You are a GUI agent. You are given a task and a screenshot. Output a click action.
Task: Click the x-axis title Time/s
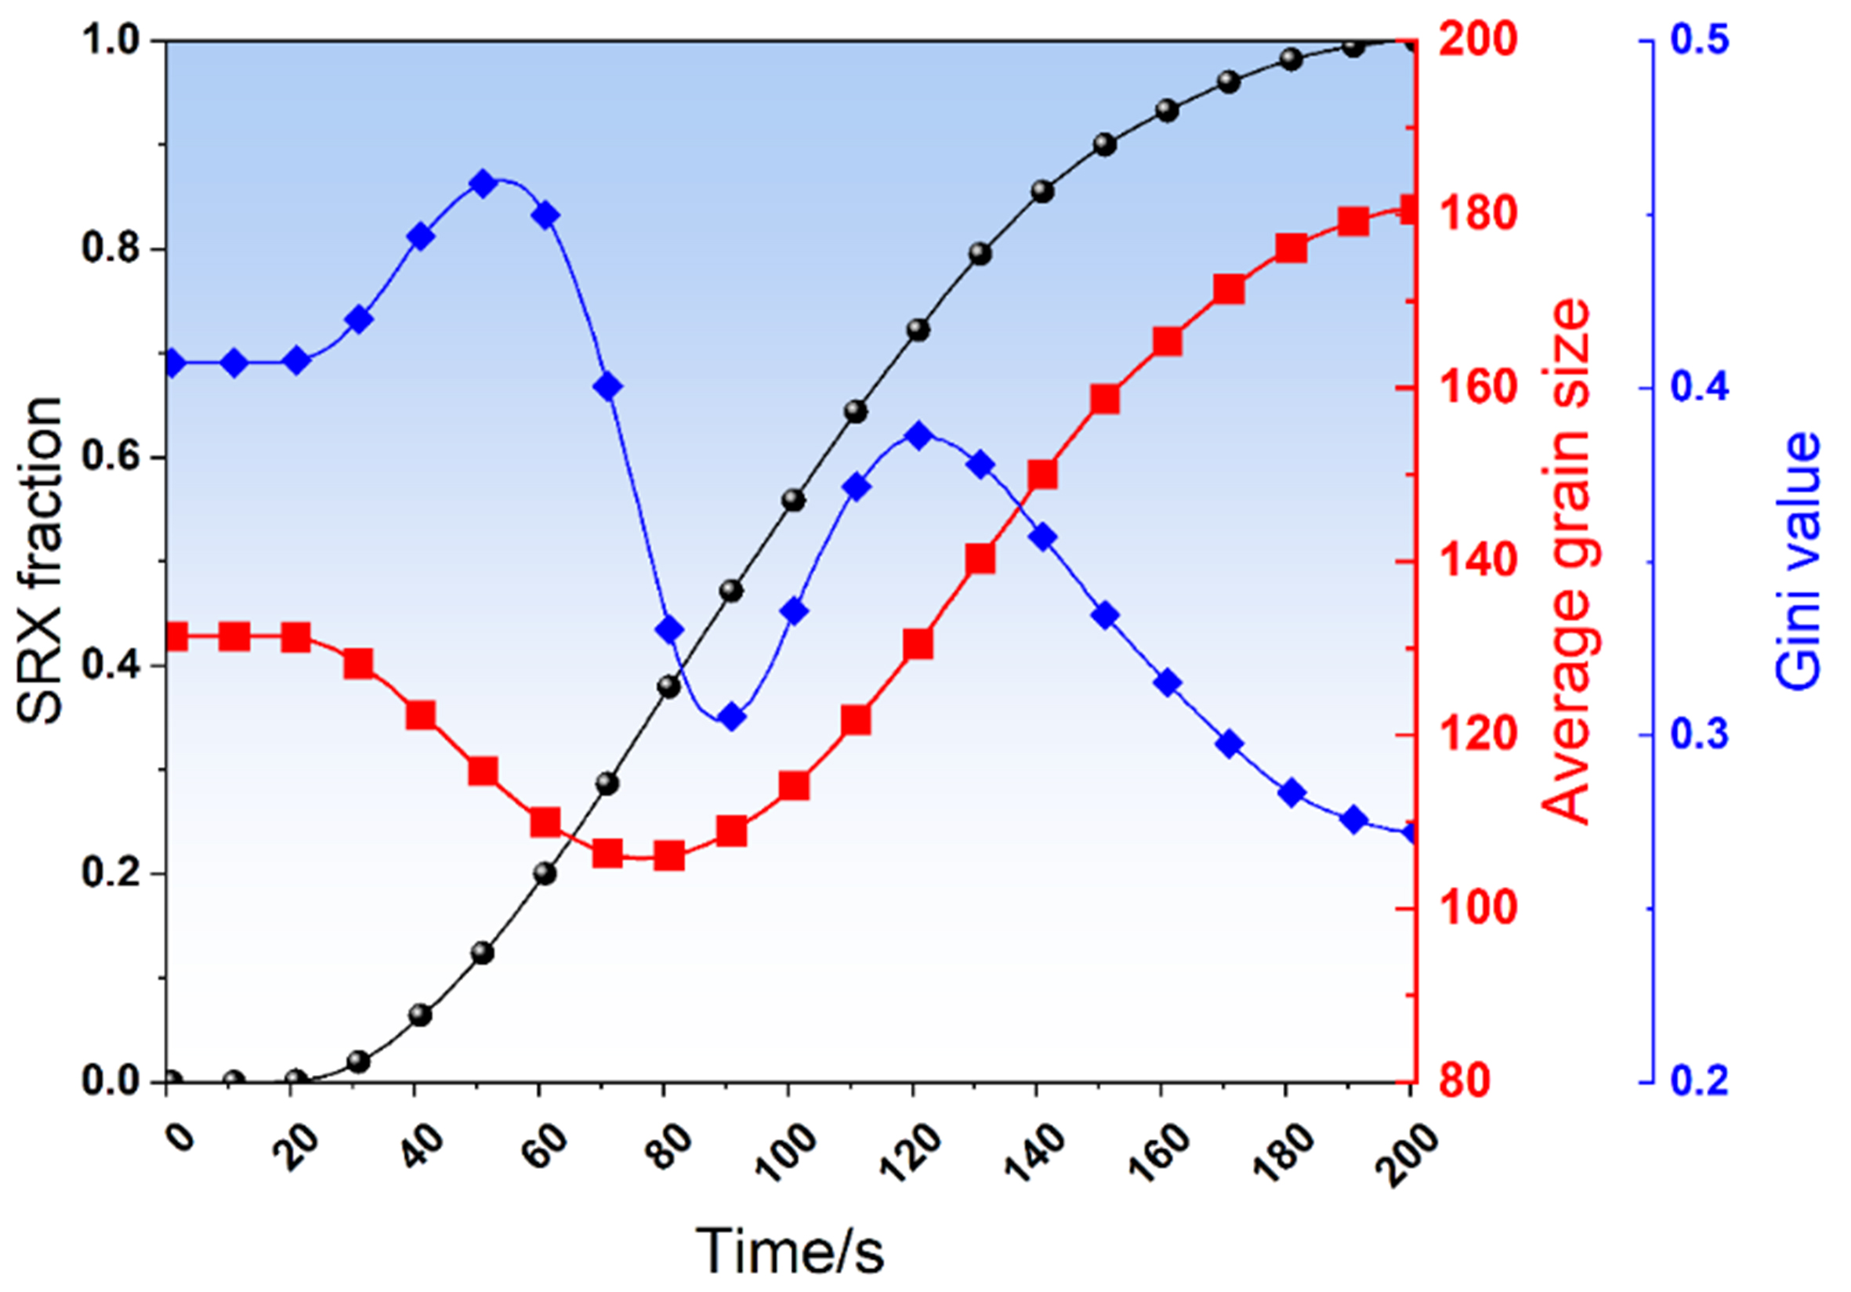[790, 1250]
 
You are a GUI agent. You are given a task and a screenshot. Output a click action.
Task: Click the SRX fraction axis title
[40, 561]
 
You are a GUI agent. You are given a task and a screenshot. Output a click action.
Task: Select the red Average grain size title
[1568, 561]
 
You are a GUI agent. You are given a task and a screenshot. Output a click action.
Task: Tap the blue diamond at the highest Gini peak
[483, 184]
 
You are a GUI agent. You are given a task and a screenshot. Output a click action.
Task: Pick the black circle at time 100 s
[794, 501]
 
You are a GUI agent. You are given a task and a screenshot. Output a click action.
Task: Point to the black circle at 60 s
[545, 874]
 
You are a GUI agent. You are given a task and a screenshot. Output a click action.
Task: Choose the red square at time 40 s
[421, 715]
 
